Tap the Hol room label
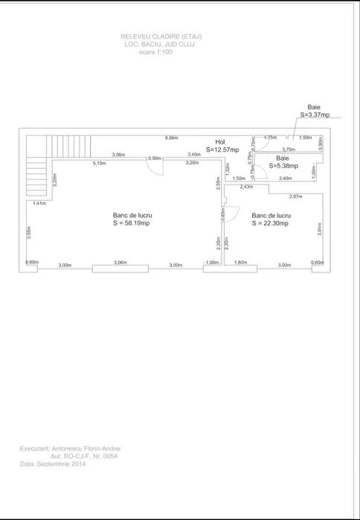pos(219,141)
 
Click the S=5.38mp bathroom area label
pos(283,166)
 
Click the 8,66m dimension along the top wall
pos(171,138)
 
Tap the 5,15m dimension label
pos(99,163)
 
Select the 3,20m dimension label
pos(192,162)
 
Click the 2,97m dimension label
pos(295,196)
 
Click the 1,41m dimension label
pos(39,202)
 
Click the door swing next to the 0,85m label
pos(231,215)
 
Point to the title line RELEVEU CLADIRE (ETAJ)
pos(161,36)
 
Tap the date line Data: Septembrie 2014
pos(53,463)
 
